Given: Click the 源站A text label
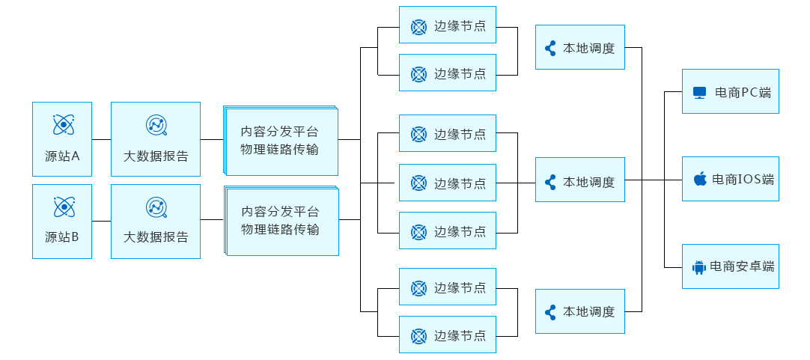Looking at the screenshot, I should pos(62,156).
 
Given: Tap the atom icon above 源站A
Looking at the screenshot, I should pos(62,125).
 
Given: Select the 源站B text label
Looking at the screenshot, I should pos(62,237).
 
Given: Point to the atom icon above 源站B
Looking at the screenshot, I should pos(62,207).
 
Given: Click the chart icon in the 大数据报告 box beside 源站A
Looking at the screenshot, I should pos(156,125).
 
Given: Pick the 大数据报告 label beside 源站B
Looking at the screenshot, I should pos(156,237).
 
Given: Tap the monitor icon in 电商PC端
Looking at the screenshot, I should pos(699,93).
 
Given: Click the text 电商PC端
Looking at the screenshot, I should pos(743,93).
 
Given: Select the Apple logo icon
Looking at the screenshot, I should pos(700,179).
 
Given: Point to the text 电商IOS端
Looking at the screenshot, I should pos(743,179).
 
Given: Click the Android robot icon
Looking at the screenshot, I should pos(699,266).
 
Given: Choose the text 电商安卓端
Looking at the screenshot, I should pos(742,266).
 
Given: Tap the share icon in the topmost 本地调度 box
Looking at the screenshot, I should pos(550,49).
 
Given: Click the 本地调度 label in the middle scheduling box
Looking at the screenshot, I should pos(589,181).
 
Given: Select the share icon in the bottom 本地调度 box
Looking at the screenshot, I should pos(550,312).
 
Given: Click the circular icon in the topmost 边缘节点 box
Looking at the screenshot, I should pos(418,26).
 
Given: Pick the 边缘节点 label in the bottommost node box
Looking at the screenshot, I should pos(460,336).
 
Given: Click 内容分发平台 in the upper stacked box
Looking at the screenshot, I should pos(280,131).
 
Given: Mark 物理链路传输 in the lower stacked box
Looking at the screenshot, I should pos(280,229).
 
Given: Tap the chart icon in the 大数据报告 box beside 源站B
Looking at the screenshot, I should pos(156,207).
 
